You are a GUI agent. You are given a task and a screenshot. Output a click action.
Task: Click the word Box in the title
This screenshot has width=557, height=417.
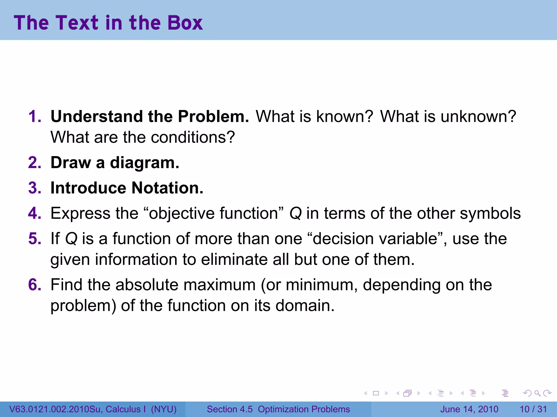point(185,23)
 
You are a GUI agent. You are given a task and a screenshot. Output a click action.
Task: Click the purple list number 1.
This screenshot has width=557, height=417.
point(35,116)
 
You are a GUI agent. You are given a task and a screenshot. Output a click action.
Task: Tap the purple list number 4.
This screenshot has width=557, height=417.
point(35,213)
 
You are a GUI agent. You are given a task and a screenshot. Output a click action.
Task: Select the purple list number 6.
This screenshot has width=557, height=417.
point(35,285)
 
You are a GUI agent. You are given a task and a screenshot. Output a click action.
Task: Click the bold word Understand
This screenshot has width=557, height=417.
point(97,116)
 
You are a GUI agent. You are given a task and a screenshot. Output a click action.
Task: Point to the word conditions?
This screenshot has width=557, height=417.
point(193,137)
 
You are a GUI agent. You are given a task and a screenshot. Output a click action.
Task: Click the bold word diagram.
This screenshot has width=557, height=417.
point(144,163)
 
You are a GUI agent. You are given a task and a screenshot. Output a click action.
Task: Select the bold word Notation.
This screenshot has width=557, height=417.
point(167,188)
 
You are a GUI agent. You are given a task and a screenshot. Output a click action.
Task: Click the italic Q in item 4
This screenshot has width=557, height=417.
point(296,213)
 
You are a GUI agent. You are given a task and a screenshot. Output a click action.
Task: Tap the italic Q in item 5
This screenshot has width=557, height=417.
point(71,239)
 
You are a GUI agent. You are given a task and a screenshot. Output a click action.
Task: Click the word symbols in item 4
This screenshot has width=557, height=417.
point(490,213)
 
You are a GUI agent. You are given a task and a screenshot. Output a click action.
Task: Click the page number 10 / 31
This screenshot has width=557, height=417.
point(533,409)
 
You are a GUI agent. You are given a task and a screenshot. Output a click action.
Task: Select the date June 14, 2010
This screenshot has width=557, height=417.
point(469,409)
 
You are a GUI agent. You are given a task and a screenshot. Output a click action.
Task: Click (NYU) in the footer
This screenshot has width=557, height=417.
point(164,409)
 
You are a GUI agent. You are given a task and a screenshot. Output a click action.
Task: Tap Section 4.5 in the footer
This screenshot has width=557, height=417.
point(230,409)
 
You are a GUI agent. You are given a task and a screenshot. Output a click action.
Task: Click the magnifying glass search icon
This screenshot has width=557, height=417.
point(537,393)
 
